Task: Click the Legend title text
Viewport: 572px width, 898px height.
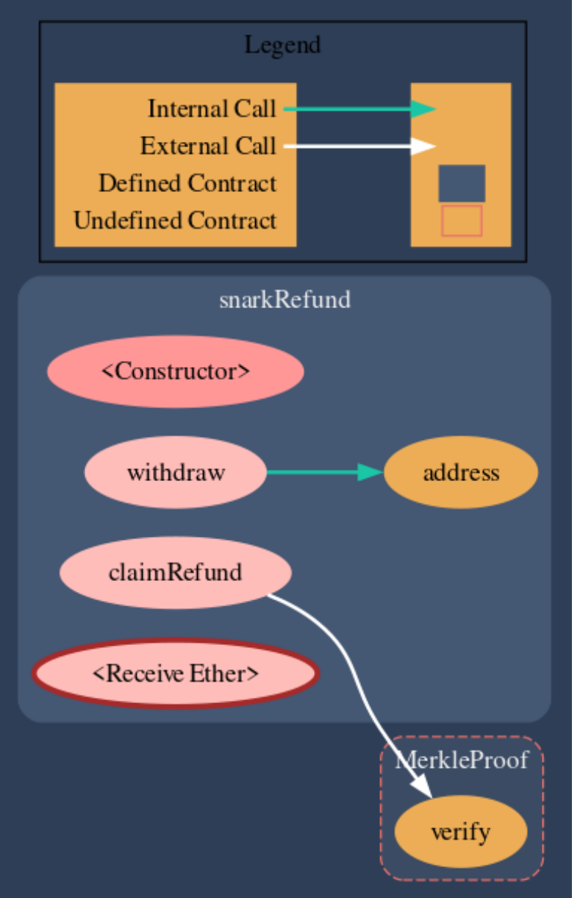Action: [282, 45]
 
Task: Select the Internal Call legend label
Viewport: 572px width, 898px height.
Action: [212, 109]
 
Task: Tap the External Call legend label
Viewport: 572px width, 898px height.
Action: [208, 146]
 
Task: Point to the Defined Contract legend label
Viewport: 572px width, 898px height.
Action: [187, 182]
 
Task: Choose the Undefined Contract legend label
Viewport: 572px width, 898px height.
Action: [175, 219]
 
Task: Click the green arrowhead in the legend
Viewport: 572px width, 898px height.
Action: [423, 110]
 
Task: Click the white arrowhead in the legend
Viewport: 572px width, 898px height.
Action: [423, 146]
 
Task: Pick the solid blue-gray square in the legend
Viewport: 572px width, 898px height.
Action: [462, 183]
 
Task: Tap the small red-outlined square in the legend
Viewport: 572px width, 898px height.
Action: [462, 221]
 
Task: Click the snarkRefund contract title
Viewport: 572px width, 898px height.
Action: [285, 300]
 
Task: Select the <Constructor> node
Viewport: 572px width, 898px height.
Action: [176, 371]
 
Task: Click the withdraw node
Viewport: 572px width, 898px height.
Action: [176, 472]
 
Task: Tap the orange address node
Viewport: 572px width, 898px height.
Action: [461, 473]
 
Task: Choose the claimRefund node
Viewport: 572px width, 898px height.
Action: [175, 572]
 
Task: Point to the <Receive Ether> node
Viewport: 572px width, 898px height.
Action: [175, 673]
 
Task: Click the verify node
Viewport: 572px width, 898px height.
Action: [460, 832]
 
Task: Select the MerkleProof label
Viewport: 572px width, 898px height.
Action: [461, 760]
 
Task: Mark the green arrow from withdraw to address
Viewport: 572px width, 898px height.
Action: [316, 473]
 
